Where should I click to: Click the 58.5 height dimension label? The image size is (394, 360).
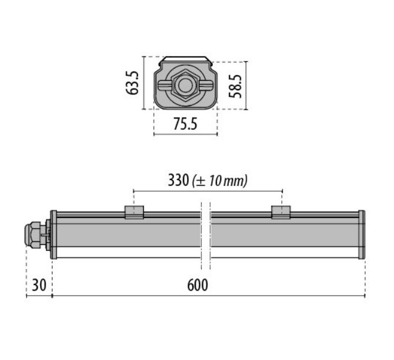236,86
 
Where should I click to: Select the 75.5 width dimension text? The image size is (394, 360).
185,125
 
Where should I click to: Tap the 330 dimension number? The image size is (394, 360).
178,180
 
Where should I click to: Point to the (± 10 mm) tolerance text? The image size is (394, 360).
220,181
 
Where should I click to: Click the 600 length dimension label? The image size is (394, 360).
198,285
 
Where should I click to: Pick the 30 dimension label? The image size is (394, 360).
38,285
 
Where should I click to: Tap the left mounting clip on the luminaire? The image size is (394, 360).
134,212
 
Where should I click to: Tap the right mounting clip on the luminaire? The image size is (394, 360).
281,212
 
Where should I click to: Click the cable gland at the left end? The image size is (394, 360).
36,234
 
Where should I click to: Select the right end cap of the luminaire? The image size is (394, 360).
362,234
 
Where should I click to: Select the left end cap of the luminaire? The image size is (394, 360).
54,234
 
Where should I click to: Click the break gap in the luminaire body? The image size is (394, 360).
205,234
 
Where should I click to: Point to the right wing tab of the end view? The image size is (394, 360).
206,86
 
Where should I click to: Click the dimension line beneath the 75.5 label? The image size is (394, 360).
185,135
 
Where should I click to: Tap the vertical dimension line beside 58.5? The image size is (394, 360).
247,86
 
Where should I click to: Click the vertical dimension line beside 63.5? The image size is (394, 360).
145,83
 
